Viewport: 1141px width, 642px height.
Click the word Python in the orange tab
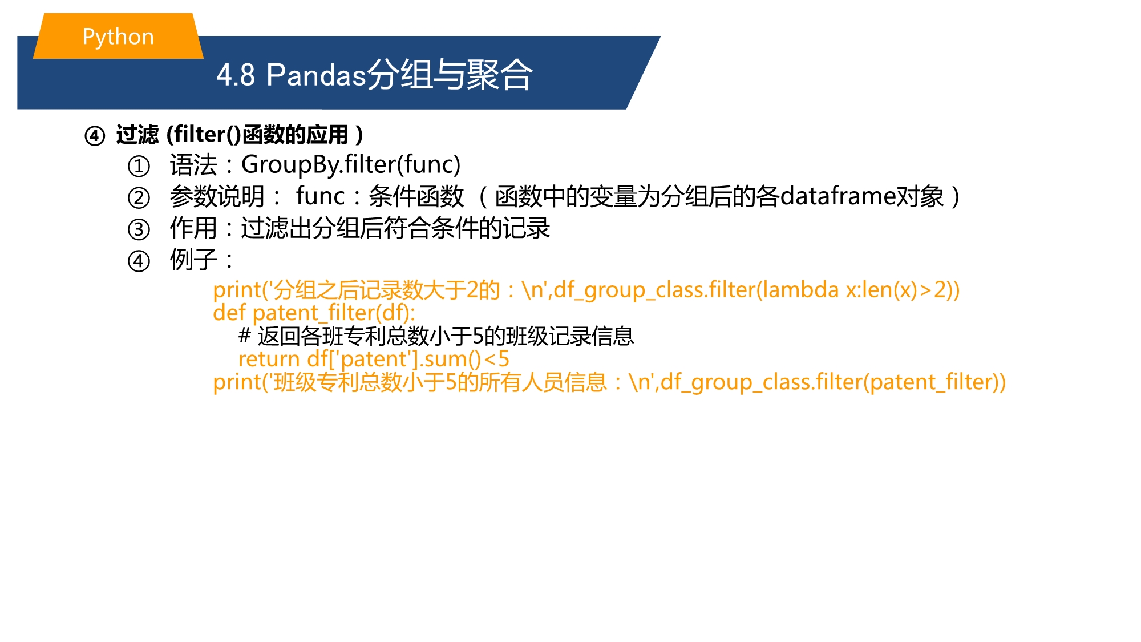tap(118, 37)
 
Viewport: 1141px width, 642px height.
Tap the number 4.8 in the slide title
tap(236, 75)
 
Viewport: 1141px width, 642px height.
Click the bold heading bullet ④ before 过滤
tap(95, 136)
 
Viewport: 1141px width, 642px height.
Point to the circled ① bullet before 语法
tap(139, 166)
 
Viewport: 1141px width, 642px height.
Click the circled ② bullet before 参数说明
tap(139, 198)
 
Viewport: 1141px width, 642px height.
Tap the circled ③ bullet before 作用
tap(139, 229)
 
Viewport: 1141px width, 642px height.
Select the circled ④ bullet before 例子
tap(139, 261)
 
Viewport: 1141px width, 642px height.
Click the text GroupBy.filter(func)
tap(351, 165)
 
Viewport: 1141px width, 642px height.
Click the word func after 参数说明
tap(320, 196)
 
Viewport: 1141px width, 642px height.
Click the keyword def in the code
tap(229, 313)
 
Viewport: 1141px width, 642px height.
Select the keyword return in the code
tap(269, 359)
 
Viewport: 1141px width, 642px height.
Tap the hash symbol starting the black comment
tap(245, 335)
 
